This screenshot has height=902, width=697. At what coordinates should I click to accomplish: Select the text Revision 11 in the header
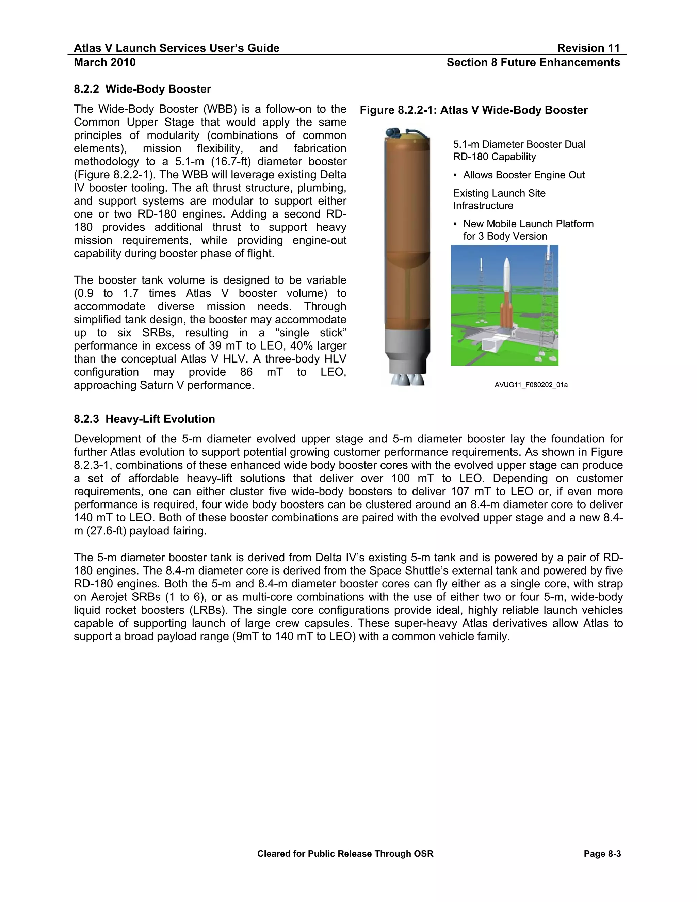[x=588, y=48]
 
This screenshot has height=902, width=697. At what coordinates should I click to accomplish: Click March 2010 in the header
[x=104, y=62]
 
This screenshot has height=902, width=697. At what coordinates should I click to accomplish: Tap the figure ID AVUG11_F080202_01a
[x=531, y=385]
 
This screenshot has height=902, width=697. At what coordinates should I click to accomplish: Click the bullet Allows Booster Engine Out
[x=523, y=175]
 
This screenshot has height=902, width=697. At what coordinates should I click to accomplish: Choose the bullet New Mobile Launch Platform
[x=528, y=224]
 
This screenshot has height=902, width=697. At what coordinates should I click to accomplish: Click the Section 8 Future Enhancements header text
[x=533, y=62]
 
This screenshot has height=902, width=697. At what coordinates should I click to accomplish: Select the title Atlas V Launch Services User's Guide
[x=176, y=48]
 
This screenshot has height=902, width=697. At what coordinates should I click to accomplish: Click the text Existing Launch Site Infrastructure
[x=499, y=199]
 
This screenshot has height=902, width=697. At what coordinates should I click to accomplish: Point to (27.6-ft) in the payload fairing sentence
[x=106, y=531]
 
